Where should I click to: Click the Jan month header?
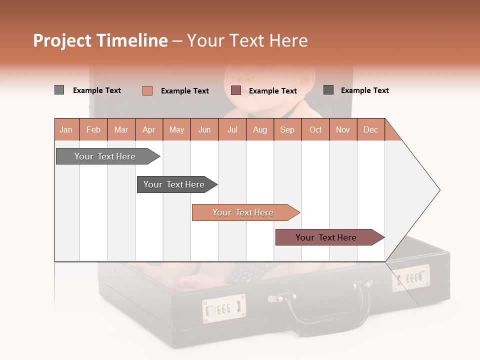coord(66,129)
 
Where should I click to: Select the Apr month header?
coord(149,129)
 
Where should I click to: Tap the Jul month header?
coord(232,129)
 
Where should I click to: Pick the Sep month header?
coord(287,129)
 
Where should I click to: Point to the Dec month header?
coord(370,129)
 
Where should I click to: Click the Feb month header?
coord(93,129)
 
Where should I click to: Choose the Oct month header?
coord(315,129)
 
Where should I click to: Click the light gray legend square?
coord(59,90)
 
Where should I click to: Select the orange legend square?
coord(147,90)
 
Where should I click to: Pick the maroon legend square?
coord(236,90)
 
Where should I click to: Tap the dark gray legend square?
coord(328,90)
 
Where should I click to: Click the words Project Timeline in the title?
coord(100,40)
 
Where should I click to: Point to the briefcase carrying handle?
coord(325,305)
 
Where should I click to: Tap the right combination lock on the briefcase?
coord(410,277)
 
